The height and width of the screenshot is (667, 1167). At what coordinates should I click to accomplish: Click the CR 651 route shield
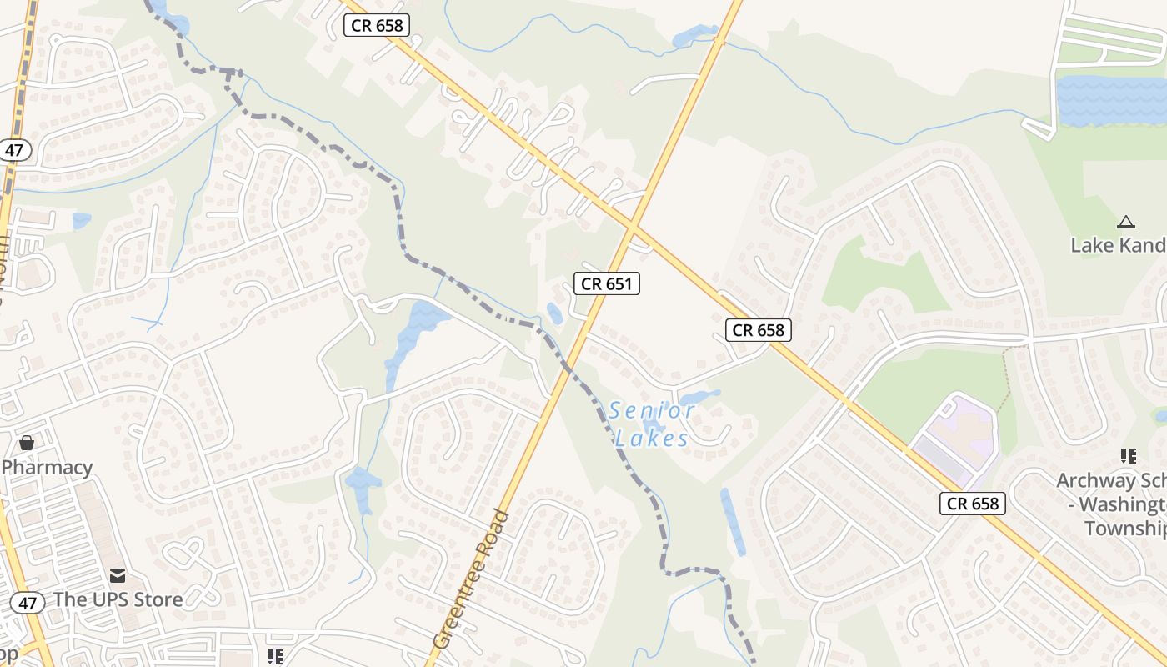[607, 283]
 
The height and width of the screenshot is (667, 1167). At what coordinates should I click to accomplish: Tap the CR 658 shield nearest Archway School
[973, 503]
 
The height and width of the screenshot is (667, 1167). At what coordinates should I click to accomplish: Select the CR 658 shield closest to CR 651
[758, 330]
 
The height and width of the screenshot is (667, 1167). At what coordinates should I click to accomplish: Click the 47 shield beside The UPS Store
[28, 602]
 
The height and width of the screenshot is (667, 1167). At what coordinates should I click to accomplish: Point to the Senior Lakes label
[651, 424]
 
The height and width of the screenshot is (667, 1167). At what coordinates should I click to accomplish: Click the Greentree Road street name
[471, 579]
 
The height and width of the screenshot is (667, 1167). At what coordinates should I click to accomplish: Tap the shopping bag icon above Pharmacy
[27, 442]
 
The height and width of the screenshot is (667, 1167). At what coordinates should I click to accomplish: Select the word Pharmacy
[47, 467]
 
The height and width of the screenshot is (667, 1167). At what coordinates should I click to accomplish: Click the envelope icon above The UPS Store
[118, 575]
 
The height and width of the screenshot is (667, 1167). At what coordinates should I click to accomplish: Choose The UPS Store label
[118, 599]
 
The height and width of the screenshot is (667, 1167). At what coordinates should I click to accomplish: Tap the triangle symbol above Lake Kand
[1126, 222]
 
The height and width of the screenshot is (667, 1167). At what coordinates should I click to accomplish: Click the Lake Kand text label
[1118, 245]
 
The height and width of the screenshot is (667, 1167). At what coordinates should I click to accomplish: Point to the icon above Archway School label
[1129, 455]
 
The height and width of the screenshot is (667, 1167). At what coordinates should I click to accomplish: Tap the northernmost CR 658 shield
[378, 25]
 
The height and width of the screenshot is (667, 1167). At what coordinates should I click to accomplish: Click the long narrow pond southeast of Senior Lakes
[733, 521]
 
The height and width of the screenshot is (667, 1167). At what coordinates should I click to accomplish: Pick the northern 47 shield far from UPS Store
[14, 150]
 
